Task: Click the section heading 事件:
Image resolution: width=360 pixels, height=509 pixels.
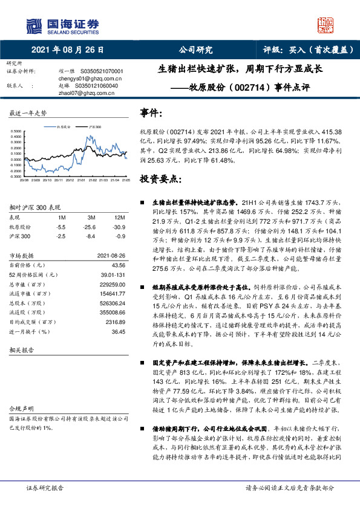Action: [151, 113]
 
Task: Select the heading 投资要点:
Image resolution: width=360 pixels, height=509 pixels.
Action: [160, 180]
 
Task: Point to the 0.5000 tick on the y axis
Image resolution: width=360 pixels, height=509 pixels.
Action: [16, 131]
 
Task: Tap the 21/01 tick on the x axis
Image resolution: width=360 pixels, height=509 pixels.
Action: [81, 180]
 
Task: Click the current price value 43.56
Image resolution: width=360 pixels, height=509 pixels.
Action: [119, 265]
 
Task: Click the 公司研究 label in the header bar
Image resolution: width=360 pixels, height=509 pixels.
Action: [195, 50]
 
